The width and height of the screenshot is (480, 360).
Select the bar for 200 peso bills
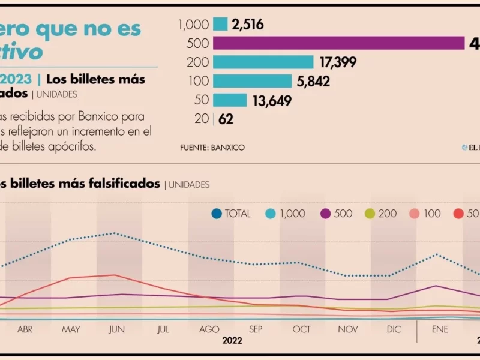click(263, 62)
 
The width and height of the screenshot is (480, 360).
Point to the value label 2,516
click(248, 25)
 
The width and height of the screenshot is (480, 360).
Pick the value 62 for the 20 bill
click(226, 119)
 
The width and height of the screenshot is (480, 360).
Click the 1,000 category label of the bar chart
click(193, 25)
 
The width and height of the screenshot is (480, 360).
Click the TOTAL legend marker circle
click(217, 214)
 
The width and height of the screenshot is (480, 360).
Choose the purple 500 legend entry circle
click(326, 214)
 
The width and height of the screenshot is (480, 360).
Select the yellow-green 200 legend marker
click(370, 214)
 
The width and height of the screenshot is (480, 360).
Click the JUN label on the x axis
click(116, 329)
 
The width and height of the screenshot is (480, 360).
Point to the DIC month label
click(394, 329)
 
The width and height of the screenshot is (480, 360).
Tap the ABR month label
click(25, 329)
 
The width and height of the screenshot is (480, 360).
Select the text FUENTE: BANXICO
click(212, 147)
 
